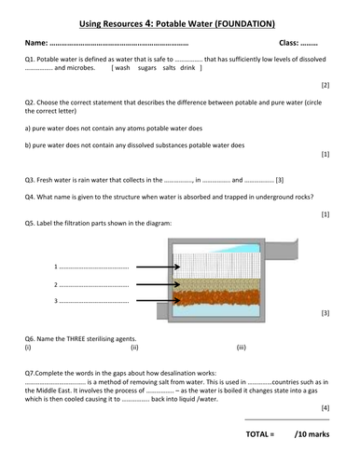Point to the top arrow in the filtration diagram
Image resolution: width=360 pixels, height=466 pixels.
(x=150, y=266)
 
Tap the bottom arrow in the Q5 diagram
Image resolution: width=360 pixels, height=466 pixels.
(x=150, y=300)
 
